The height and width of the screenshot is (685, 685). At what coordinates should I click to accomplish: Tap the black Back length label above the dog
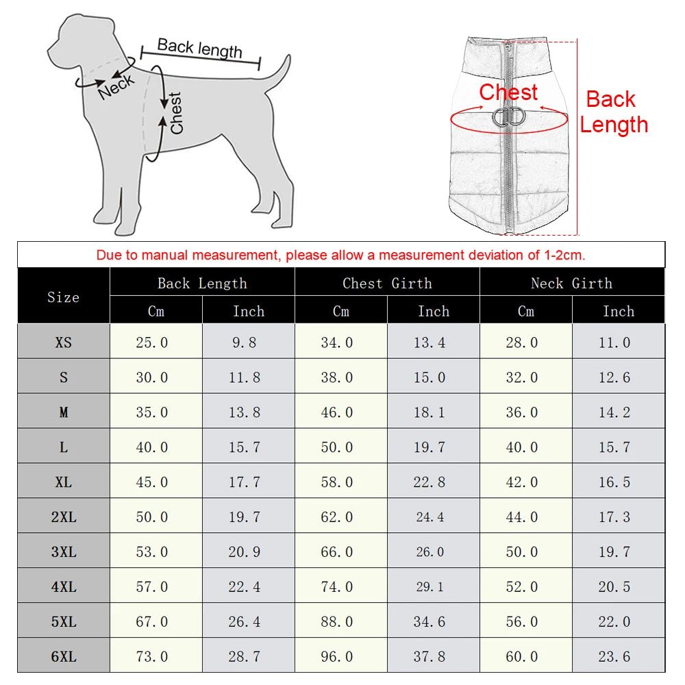pos(199,48)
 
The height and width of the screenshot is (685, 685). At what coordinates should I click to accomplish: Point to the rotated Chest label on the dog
pos(176,113)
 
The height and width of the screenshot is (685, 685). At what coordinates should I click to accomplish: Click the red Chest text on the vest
pos(508,92)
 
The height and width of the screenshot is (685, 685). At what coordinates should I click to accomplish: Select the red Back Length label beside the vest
pos(613,112)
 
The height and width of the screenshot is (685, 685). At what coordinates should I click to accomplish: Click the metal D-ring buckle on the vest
pos(508,118)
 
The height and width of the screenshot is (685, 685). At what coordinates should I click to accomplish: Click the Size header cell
pos(63,297)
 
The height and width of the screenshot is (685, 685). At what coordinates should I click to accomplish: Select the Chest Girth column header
pos(387,283)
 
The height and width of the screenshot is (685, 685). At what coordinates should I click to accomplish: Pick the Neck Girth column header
pos(571,283)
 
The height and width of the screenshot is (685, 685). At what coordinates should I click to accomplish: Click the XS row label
pos(63,342)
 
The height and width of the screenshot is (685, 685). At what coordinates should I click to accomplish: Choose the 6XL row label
pos(63,657)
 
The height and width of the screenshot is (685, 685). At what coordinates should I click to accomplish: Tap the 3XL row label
pos(63,552)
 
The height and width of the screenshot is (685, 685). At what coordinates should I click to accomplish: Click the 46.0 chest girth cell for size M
pos(337,412)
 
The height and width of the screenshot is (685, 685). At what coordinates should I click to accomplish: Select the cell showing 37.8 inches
pos(429,657)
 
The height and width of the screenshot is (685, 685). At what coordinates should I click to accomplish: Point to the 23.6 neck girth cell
pos(614,657)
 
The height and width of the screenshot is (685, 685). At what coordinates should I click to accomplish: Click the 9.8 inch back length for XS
pos(245,342)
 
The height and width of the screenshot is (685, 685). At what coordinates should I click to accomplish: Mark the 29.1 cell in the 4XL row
pos(429,587)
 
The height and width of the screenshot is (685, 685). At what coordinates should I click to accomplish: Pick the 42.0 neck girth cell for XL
pos(522,482)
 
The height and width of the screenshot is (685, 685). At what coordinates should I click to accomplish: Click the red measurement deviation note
pos(340,256)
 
